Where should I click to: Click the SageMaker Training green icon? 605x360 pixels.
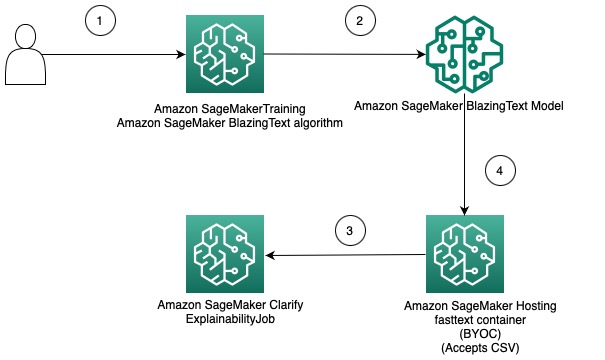coord(225,54)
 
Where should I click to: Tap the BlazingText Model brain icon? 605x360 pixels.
coord(465,54)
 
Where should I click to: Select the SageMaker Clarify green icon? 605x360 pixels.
coord(225,254)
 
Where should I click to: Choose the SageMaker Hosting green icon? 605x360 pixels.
coord(465,254)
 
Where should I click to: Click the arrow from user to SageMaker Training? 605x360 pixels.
coord(114,54)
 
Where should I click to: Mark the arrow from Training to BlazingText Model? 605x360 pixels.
coord(345,54)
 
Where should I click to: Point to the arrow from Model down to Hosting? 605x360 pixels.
coord(465,154)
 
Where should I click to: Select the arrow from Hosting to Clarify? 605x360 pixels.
coord(345,255)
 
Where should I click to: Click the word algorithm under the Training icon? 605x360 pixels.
coord(318,123)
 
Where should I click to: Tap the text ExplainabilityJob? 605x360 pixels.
coord(230,319)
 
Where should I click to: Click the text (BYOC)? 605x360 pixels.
coord(480,334)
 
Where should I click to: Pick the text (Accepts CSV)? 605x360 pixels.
coord(480,348)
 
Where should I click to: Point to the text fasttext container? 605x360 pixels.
coord(480,320)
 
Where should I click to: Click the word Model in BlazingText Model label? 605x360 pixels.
coord(547,106)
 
